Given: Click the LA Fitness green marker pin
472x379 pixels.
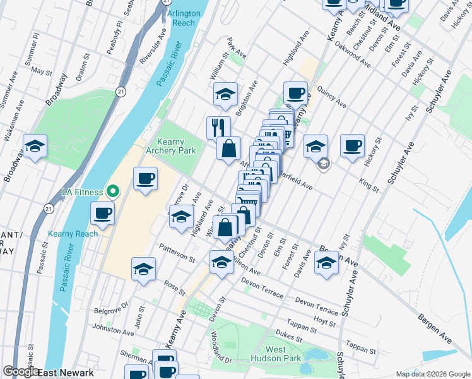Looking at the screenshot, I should pos(114,190).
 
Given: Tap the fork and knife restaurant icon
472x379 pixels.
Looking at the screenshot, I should pos(218,127).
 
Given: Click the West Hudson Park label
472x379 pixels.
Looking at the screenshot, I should pos(284,354).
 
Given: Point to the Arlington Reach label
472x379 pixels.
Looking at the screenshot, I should pos(184,18).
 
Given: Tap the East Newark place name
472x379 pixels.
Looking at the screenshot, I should pos(66,372).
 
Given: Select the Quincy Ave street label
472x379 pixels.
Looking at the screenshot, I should pos(332,97).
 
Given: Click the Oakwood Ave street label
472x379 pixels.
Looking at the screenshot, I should pos(353,55).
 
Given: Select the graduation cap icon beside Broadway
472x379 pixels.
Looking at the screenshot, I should pos(35,146).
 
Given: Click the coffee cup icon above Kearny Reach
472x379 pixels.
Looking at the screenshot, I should pos(102,213).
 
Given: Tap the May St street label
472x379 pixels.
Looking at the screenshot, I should pos(41,71).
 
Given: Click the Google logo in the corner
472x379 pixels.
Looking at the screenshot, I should pos(21,371).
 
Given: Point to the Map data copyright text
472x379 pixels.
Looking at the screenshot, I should pos(433,373).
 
